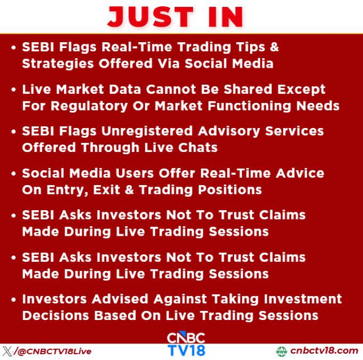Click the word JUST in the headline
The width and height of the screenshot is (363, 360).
pyautogui.click(x=150, y=17)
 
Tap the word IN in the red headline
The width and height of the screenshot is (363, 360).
pyautogui.click(x=225, y=17)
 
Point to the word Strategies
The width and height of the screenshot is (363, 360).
pyautogui.click(x=58, y=64)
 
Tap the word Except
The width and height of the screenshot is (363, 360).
pyautogui.click(x=301, y=90)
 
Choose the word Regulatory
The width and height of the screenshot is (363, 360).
pyautogui.click(x=89, y=107)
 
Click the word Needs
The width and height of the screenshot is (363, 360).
pyautogui.click(x=318, y=106)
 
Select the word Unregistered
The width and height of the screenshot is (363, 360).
pyautogui.click(x=147, y=132)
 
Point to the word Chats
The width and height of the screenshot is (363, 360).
pyautogui.click(x=198, y=148)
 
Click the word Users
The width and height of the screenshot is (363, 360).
pyautogui.click(x=134, y=173)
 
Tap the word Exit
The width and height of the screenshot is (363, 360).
pyautogui.click(x=107, y=190)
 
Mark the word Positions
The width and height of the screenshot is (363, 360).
pyautogui.click(x=230, y=190)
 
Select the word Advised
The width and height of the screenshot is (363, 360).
pyautogui.click(x=120, y=299)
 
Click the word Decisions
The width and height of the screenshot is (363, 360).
pyautogui.click(x=56, y=316)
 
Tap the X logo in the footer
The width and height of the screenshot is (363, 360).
pyautogui.click(x=7, y=351)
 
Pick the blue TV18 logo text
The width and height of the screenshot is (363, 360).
pyautogui.click(x=186, y=350)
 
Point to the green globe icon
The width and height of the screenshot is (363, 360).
pyautogui.click(x=281, y=351)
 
